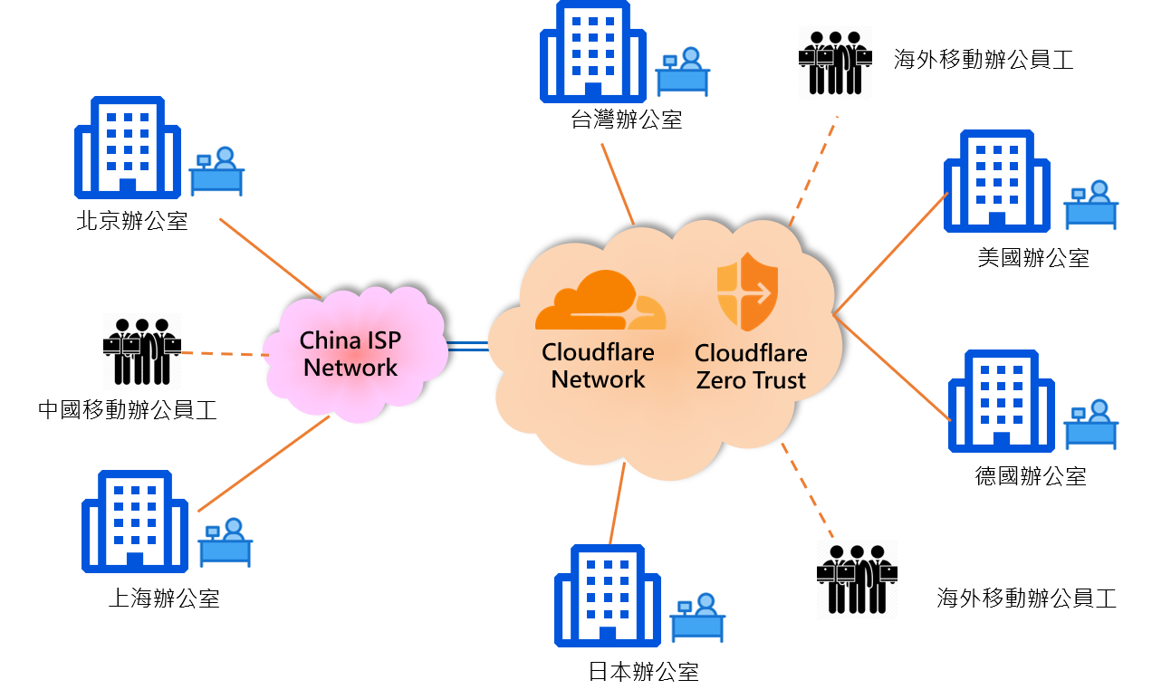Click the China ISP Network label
click(x=351, y=354)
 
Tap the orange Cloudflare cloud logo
click(x=600, y=302)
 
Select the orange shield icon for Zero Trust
click(x=747, y=292)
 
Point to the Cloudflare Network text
click(x=598, y=366)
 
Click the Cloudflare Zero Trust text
click(x=750, y=367)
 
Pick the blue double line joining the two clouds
click(x=468, y=347)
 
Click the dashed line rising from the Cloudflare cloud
click(x=812, y=171)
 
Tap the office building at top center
click(x=593, y=52)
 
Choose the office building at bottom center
click(x=608, y=595)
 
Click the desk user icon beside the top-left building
click(x=216, y=171)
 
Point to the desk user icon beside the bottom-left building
click(x=226, y=542)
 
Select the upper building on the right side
click(x=996, y=181)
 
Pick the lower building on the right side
click(x=1001, y=400)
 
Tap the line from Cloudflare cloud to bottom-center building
click(x=618, y=503)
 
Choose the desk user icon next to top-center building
click(x=683, y=72)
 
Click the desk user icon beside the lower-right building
click(x=1090, y=424)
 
